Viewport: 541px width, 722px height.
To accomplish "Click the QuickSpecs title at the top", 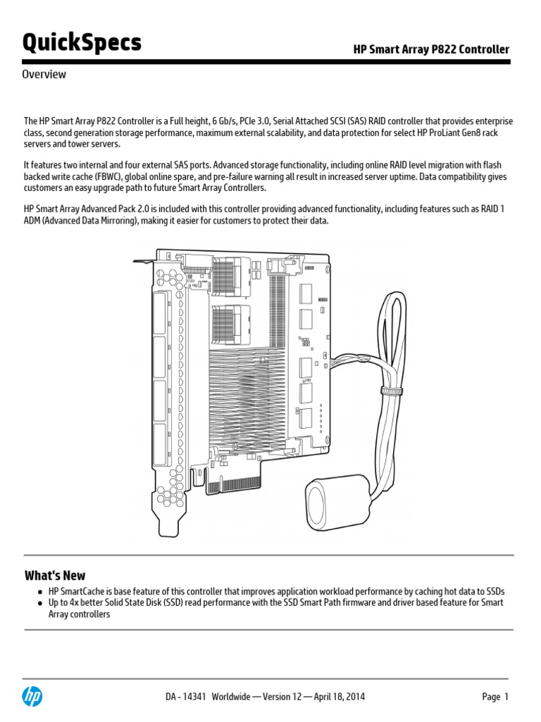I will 82,43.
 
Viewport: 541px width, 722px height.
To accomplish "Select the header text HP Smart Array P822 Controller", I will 431,49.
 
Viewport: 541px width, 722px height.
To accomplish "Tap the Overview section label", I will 44,74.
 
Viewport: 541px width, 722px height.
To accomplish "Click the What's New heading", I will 55,575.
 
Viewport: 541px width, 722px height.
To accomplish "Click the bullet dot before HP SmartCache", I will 41,592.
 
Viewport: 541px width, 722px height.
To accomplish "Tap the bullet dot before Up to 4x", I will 41,603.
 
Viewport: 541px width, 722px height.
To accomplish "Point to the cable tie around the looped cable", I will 392,390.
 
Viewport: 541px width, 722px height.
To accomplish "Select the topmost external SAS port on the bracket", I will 160,313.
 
